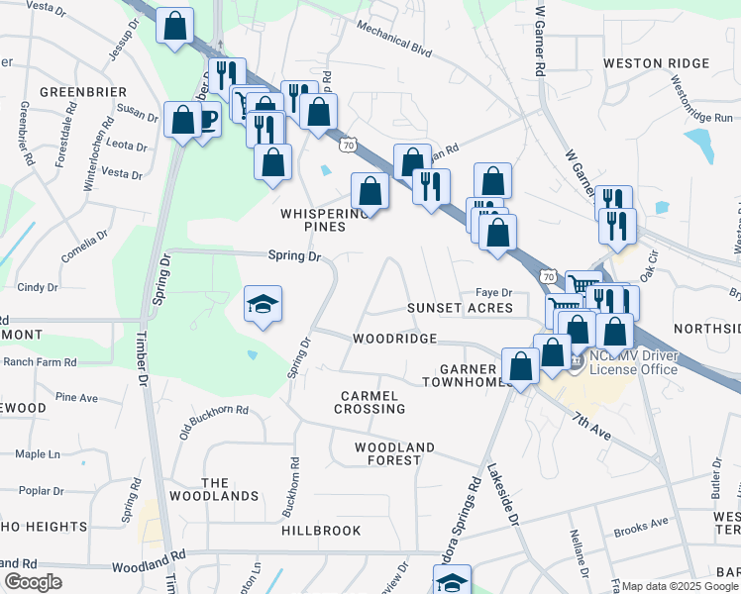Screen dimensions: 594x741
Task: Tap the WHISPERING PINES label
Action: coord(325,220)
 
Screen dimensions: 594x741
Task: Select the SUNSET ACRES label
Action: coord(461,308)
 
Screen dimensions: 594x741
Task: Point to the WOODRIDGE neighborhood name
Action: coord(395,339)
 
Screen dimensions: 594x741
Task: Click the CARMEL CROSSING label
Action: coord(370,402)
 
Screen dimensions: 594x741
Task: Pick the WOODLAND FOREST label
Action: coord(394,453)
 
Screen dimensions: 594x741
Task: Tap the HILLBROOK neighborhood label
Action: coord(321,531)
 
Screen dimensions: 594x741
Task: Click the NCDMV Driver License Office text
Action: coord(634,363)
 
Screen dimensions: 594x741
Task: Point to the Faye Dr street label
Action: coord(493,292)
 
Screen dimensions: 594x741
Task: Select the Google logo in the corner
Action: coord(33,582)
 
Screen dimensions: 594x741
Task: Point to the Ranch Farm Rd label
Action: coord(40,362)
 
